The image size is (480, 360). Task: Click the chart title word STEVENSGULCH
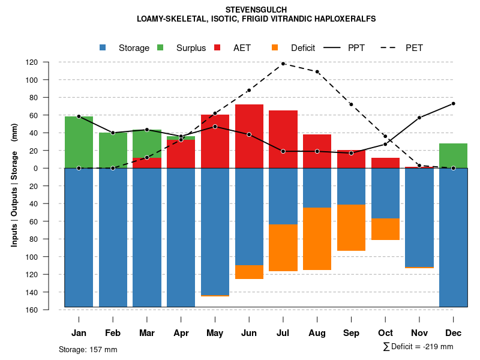[x=256, y=10]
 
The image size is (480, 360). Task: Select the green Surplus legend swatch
[x=161, y=47]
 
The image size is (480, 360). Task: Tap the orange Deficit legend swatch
[x=275, y=47]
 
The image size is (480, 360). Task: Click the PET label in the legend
[x=414, y=48]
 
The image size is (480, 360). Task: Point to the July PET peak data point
[x=283, y=64]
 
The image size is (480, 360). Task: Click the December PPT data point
[x=453, y=104]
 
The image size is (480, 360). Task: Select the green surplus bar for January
[x=79, y=142]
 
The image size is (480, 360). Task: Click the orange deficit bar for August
[x=317, y=239]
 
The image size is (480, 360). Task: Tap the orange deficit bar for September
[x=351, y=228]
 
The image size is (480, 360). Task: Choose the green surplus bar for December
[x=453, y=155]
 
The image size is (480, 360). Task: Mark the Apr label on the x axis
[x=181, y=333]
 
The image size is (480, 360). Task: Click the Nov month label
[x=419, y=333]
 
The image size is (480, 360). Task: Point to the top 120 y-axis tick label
[x=49, y=62]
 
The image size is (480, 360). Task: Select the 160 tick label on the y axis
[x=49, y=310]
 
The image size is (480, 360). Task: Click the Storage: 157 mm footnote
[x=88, y=349]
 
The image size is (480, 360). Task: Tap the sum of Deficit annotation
[x=418, y=346]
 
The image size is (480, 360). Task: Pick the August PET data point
[x=317, y=71]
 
